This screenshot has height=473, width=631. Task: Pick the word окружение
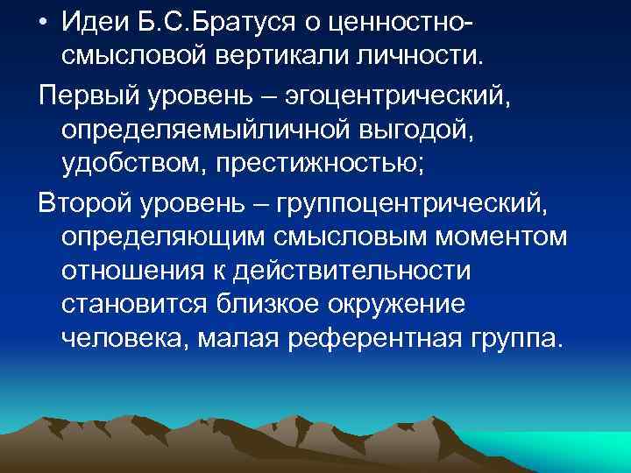tap(401, 304)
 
